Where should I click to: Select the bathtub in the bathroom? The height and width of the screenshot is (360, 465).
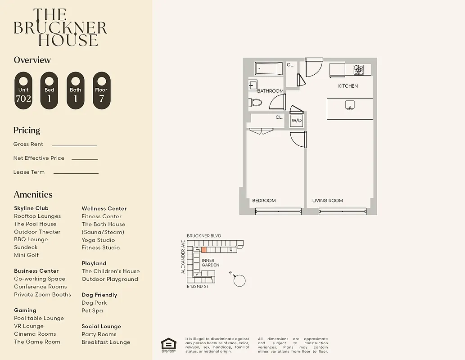coord(269,69)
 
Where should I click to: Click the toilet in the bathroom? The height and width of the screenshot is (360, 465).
coord(255,102)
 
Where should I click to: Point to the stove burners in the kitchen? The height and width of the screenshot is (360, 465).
coord(358,69)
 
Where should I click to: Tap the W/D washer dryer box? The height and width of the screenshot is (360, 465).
coord(296,121)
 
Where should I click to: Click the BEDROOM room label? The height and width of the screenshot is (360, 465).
coord(264,201)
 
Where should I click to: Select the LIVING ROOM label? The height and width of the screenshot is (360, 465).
coord(328,201)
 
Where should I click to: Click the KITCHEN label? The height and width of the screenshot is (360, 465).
coord(348,86)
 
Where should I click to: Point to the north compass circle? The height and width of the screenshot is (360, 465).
coord(240,280)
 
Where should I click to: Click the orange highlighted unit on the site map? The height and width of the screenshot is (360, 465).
coord(204,249)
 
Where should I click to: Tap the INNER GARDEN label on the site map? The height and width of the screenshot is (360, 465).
coord(210,263)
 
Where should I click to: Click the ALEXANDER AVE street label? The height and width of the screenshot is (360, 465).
coord(183,257)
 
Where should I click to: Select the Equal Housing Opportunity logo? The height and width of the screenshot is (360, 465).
coord(168,345)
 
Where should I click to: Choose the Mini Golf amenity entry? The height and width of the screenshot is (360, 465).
coord(26,255)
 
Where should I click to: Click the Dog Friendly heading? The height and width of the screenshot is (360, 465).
coord(99,295)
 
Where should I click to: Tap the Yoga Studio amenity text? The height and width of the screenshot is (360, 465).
coord(98,240)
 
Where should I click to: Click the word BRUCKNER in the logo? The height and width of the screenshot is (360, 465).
coord(60,28)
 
